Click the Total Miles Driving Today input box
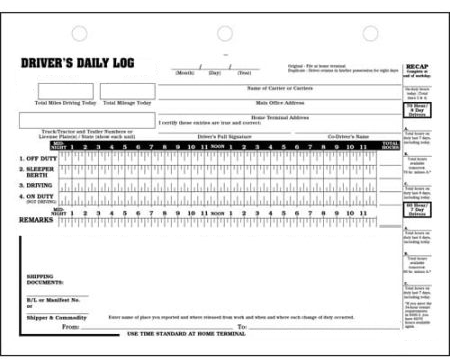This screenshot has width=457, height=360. point(65,91)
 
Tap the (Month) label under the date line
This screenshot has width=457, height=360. point(185,72)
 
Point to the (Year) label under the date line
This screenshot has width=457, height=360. point(244,72)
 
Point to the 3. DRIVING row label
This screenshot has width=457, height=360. point(36,186)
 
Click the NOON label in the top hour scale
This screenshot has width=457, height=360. point(217,146)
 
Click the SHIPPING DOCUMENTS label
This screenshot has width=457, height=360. point(46,280)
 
